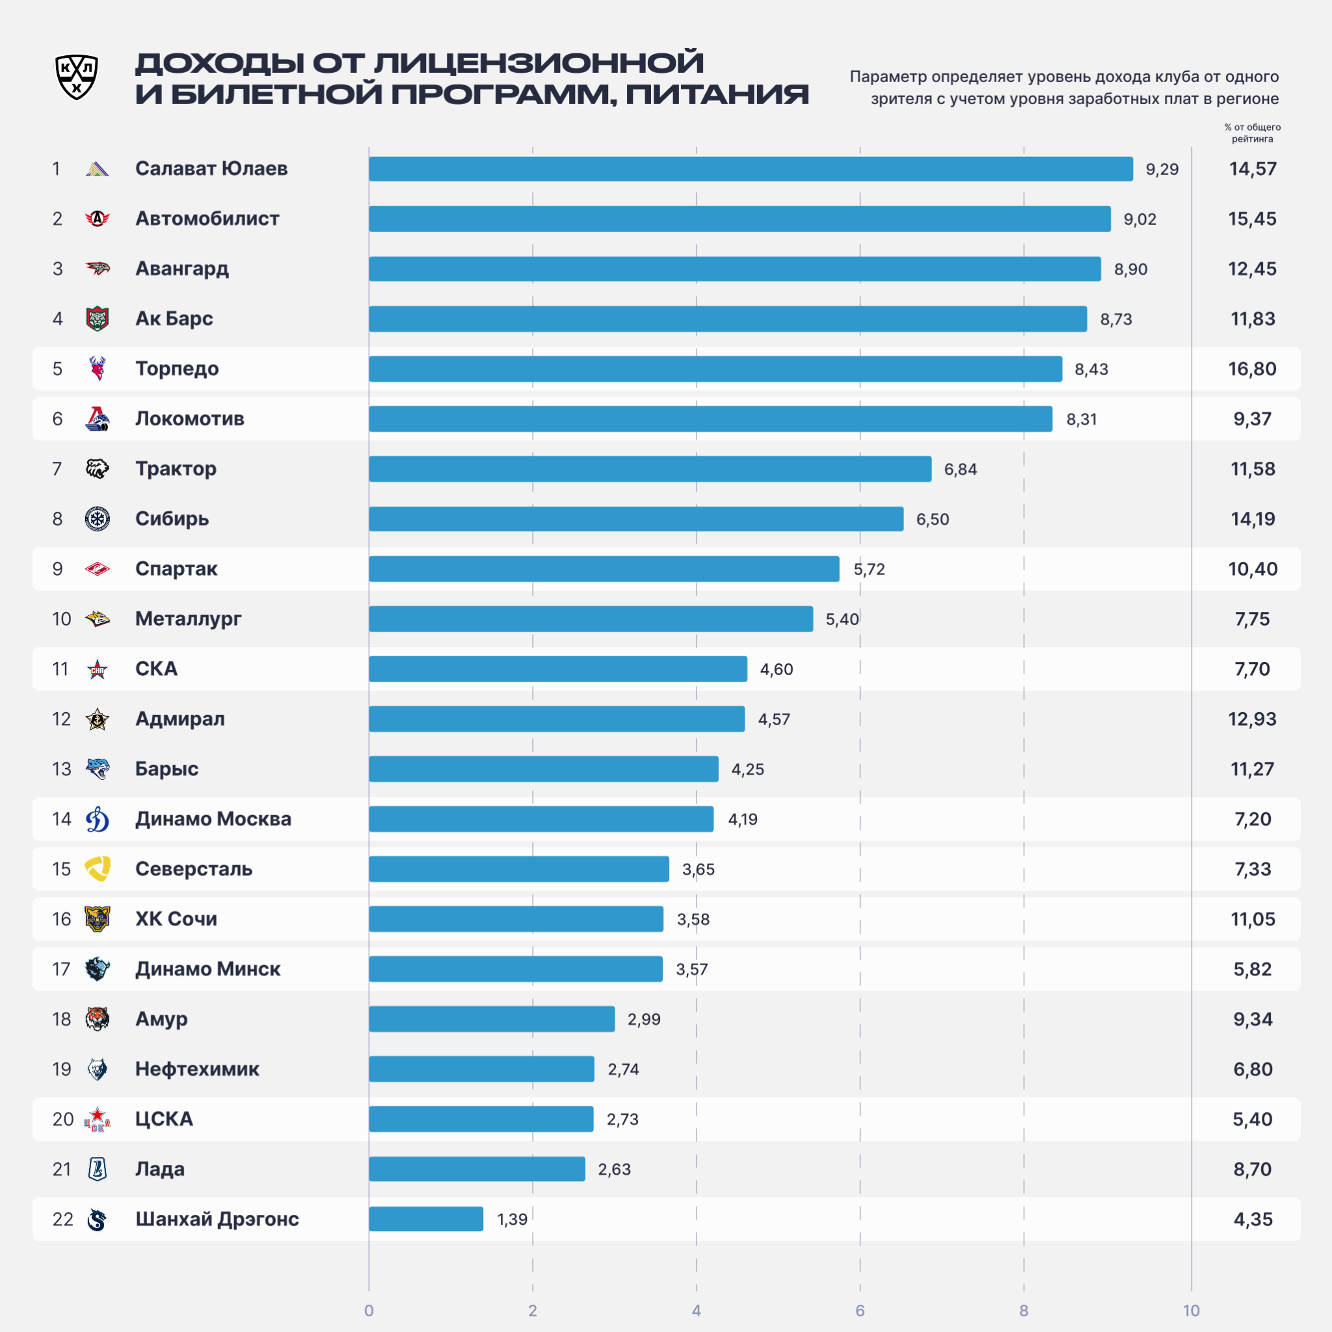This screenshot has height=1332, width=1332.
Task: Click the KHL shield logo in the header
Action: pyautogui.click(x=77, y=77)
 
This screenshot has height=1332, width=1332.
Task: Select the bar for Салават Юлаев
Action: pyautogui.click(x=751, y=169)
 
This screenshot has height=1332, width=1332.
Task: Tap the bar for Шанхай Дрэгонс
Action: pyautogui.click(x=426, y=1219)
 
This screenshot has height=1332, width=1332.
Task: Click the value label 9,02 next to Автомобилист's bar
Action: pyautogui.click(x=1139, y=219)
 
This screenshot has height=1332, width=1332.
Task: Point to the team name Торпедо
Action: pyautogui.click(x=177, y=369)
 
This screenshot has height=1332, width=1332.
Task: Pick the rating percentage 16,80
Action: pyautogui.click(x=1252, y=369)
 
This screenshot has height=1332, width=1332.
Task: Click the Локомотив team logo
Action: pyautogui.click(x=97, y=418)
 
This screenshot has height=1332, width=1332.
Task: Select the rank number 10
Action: pyautogui.click(x=61, y=619)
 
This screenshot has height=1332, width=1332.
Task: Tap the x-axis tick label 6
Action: pyautogui.click(x=860, y=1311)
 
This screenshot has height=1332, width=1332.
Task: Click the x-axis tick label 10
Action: pyautogui.click(x=1191, y=1311)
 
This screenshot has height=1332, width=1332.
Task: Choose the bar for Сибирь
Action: pyautogui.click(x=636, y=519)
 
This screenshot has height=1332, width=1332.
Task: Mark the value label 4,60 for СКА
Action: pyautogui.click(x=777, y=669)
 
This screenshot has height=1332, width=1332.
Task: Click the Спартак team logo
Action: pyautogui.click(x=97, y=569)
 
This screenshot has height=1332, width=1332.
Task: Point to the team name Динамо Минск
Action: pyautogui.click(x=207, y=968)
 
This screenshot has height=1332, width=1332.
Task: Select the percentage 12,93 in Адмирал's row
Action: pyautogui.click(x=1252, y=719)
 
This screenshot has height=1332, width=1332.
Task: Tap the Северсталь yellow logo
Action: pyautogui.click(x=97, y=869)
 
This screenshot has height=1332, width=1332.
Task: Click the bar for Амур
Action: pyautogui.click(x=492, y=1019)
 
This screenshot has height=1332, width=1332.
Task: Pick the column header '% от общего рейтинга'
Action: pyautogui.click(x=1252, y=133)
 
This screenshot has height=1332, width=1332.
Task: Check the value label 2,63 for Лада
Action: pyautogui.click(x=614, y=1169)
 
